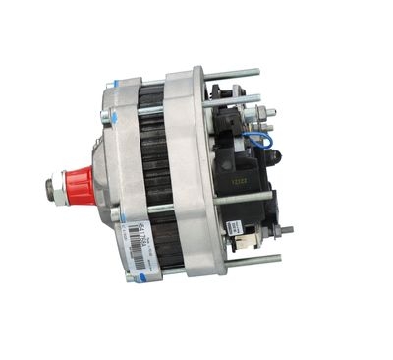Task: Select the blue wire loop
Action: [256, 144]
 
